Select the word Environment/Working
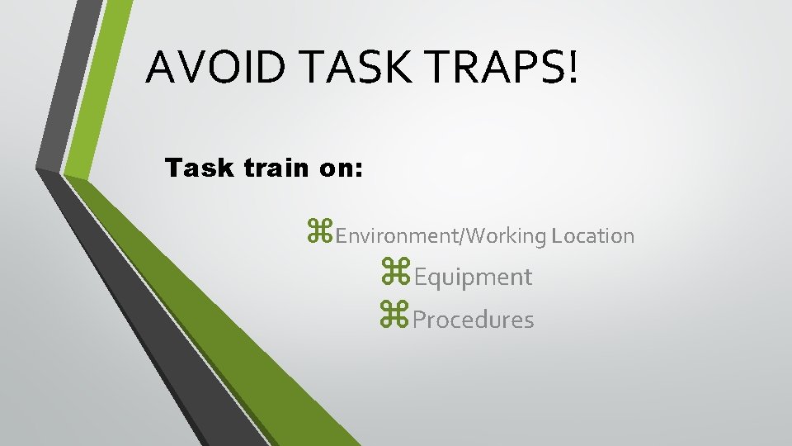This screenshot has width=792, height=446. [x=441, y=236]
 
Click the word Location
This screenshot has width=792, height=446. [x=593, y=235]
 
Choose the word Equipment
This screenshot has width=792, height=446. [x=473, y=278]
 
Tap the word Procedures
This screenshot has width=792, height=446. [x=473, y=320]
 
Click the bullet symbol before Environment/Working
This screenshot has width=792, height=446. [x=320, y=234]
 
